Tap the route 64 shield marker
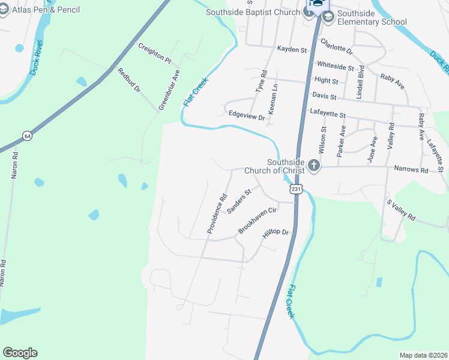click(27, 136)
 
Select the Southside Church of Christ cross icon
click(313, 165)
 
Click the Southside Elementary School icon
click(328, 16)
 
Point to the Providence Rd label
click(217, 214)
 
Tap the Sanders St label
click(238, 200)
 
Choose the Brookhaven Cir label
click(257, 220)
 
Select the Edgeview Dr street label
click(246, 116)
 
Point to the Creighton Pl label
click(155, 53)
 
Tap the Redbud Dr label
click(129, 80)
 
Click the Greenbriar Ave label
click(169, 89)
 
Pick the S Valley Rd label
click(401, 211)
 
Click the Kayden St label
click(292, 50)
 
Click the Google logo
click(20, 353)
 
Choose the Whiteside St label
click(336, 65)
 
